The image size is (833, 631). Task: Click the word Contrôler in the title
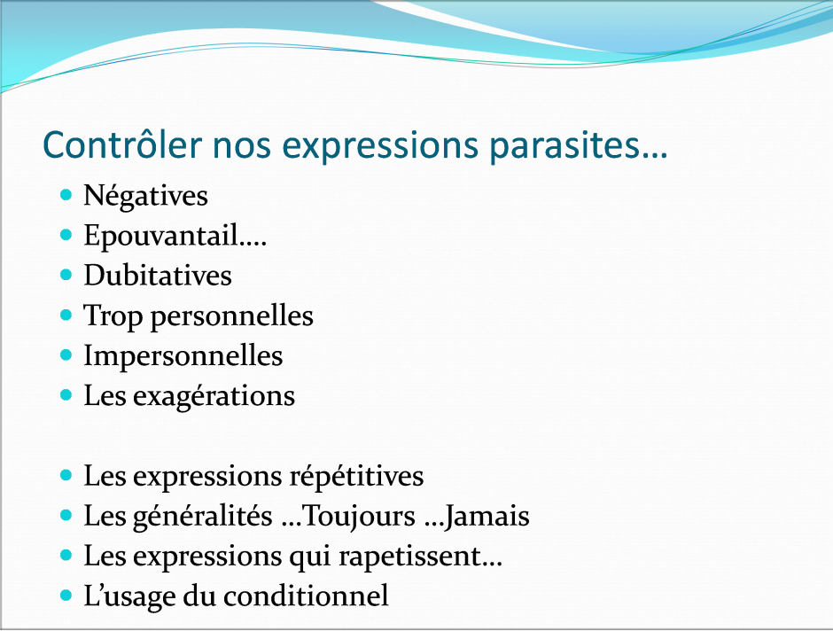pos(122,144)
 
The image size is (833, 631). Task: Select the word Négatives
pos(145,196)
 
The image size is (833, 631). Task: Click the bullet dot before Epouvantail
pos(66,234)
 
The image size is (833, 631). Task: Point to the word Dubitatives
pos(158,275)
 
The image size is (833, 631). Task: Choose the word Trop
pos(113,317)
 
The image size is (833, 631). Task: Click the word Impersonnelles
pos(183,357)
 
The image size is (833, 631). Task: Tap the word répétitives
pos(356,477)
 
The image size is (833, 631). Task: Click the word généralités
pos(202,517)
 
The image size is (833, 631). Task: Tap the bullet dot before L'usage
pos(66,596)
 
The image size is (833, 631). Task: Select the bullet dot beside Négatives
pos(66,194)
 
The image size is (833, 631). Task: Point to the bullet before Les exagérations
pos(66,394)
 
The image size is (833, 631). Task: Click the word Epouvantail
pos(160,236)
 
